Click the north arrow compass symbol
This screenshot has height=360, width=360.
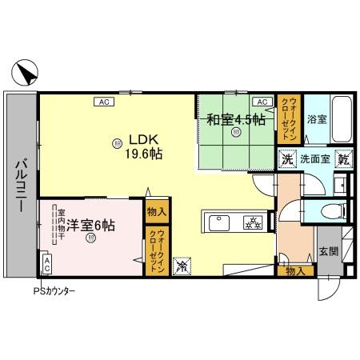pos(24,74)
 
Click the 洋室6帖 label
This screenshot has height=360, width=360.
pos(90,226)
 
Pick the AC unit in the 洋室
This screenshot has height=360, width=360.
pos(47,262)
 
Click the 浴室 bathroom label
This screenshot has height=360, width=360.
pos(316,120)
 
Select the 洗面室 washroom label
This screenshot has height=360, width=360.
pos(314,159)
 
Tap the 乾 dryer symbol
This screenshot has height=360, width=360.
pos(342,159)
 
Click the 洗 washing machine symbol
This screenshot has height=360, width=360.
pos(286,159)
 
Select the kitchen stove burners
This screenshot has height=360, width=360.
pos(252,222)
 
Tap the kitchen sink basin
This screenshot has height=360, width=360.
pos(218,222)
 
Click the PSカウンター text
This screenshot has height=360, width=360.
pos(54,292)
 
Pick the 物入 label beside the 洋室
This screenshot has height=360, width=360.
pos(156,212)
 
